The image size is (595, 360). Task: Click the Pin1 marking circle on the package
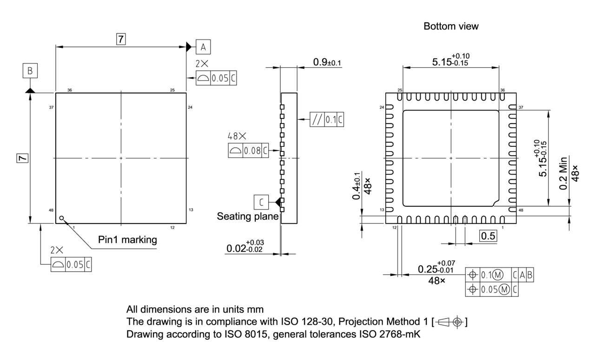coord(61,217)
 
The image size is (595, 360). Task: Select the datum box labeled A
coord(203,46)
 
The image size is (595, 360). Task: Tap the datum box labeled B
coord(30,71)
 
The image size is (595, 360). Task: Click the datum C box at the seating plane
coord(261,203)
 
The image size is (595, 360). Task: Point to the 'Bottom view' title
coord(451,26)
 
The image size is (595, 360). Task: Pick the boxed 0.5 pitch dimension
coord(488,236)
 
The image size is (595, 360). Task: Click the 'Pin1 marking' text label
coord(127,240)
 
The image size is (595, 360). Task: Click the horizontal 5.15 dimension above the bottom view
coord(451,61)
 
